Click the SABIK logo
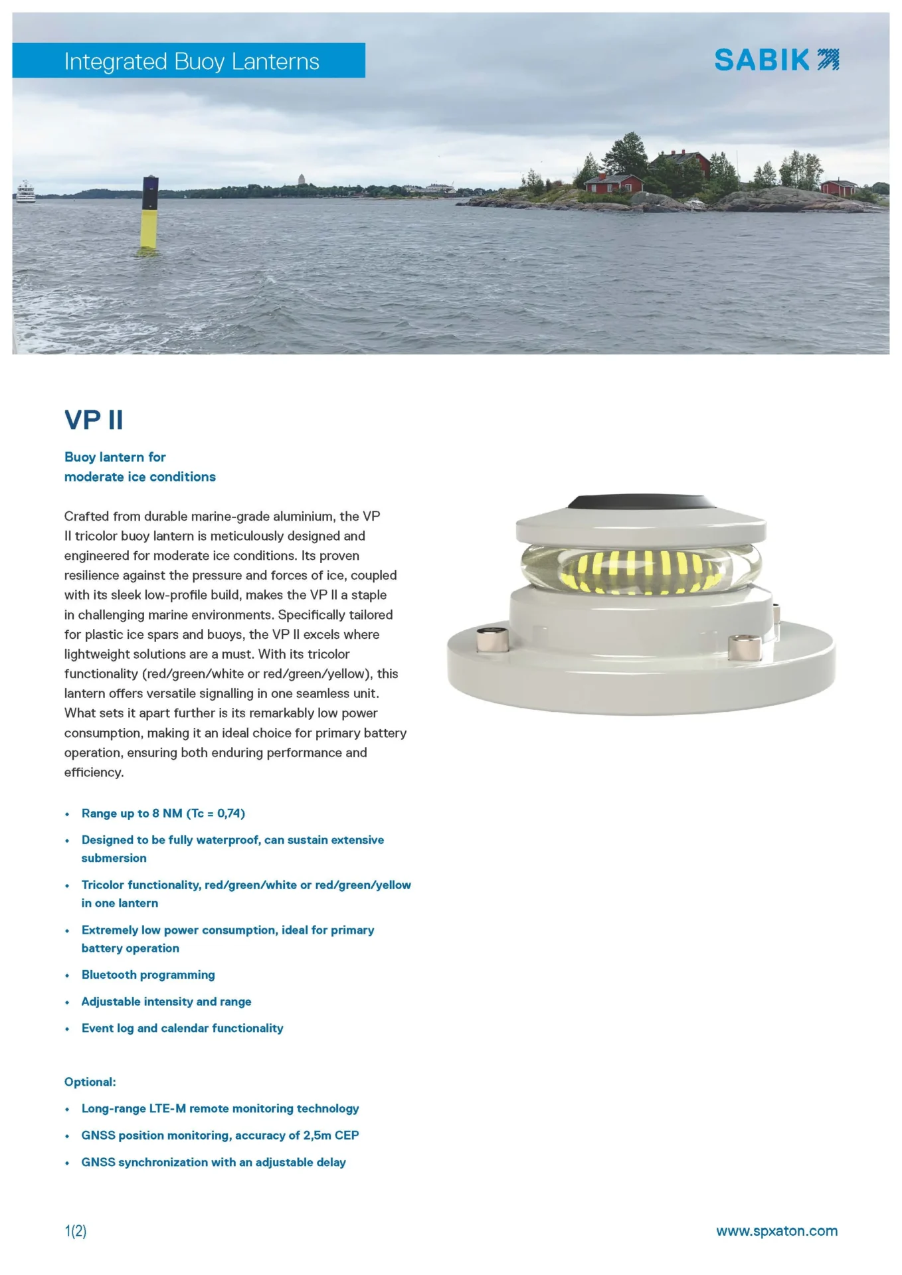point(776,60)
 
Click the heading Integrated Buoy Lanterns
point(191,61)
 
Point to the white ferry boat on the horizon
point(25,192)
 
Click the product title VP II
point(94,420)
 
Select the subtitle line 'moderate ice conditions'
point(139,477)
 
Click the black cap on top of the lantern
point(641,502)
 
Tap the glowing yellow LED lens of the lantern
point(640,570)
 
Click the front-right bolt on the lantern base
point(744,647)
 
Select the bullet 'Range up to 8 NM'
point(163,813)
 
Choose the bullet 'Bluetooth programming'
point(148,975)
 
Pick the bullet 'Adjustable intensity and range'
point(166,1001)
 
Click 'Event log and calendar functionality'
point(182,1028)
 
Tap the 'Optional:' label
point(90,1082)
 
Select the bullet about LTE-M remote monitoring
point(220,1108)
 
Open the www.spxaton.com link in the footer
point(776,1231)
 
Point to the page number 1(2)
point(76,1231)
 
